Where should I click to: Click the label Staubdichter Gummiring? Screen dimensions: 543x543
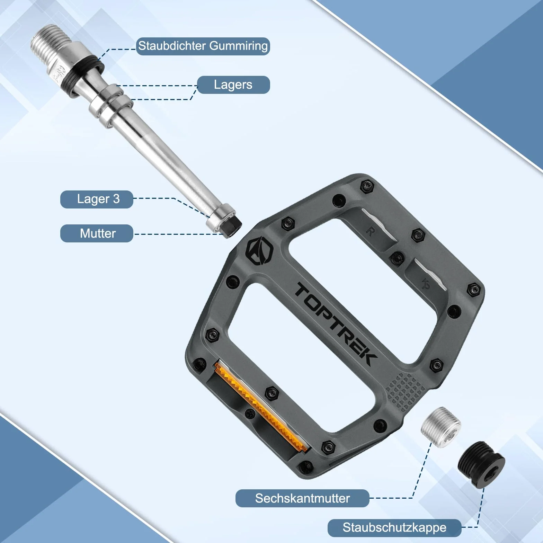(x=203, y=46)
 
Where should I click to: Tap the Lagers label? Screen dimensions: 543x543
(x=233, y=85)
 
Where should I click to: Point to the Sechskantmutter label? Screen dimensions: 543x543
(x=302, y=498)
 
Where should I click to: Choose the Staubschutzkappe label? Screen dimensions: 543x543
(x=394, y=528)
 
